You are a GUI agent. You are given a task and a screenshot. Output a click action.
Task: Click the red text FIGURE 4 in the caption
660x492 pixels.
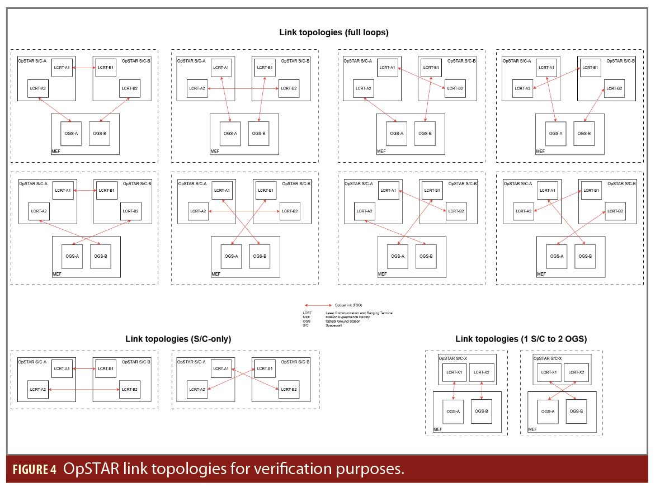coord(34,469)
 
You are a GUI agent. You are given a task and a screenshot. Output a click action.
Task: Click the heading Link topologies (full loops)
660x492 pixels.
coord(334,32)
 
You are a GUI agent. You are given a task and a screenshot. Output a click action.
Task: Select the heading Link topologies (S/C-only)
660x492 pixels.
coord(178,339)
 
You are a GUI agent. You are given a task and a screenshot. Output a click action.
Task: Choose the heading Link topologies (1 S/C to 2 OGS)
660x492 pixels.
coord(521,339)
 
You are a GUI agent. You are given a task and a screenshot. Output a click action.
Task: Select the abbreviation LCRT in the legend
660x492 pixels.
coord(307,313)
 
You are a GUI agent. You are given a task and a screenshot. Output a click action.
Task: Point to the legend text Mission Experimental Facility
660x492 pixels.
coord(347,317)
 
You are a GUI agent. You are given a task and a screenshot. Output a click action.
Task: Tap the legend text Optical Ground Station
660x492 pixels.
coord(342,321)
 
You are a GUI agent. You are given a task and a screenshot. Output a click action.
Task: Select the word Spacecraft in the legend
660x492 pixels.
coord(333,325)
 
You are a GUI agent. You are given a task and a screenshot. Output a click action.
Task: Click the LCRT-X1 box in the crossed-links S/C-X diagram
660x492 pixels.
coord(549,372)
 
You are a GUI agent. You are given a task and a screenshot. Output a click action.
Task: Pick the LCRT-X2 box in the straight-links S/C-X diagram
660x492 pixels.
coord(482,372)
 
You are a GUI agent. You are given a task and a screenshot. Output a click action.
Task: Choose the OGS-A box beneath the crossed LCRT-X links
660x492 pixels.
coord(548,411)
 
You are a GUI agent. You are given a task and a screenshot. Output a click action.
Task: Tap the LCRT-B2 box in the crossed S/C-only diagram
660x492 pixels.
coord(289,389)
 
